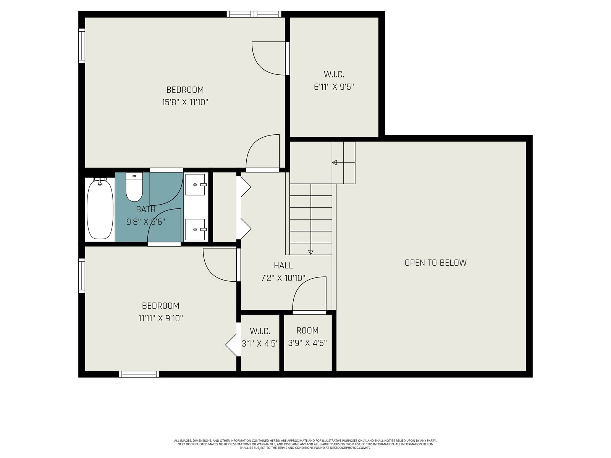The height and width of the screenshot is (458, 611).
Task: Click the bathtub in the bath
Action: click(x=100, y=209)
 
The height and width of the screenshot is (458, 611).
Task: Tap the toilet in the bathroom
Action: click(x=134, y=187)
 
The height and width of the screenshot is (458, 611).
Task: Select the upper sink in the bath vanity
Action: click(x=196, y=185)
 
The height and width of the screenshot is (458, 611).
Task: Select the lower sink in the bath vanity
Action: click(x=196, y=229)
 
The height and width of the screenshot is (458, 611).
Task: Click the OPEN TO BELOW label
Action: click(x=435, y=263)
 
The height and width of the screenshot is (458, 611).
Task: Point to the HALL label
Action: click(x=283, y=266)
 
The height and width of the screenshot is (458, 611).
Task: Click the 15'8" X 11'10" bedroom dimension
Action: click(x=185, y=102)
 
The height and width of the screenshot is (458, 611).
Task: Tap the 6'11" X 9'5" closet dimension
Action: click(x=334, y=87)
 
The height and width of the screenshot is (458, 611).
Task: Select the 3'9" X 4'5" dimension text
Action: click(x=307, y=343)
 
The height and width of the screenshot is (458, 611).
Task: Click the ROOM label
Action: click(x=307, y=331)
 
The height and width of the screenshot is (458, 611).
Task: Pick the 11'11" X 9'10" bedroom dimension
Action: click(x=160, y=318)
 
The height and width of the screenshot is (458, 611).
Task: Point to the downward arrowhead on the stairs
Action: click(x=310, y=252)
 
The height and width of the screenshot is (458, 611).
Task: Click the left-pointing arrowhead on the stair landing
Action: click(x=335, y=163)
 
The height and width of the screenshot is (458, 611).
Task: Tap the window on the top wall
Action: click(x=254, y=14)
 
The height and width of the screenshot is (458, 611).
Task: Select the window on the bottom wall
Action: click(x=139, y=374)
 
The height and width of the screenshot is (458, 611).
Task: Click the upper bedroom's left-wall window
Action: click(x=82, y=45)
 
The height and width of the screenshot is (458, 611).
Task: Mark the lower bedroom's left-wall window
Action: click(x=82, y=276)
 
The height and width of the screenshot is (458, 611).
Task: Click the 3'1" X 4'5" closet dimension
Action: click(x=260, y=344)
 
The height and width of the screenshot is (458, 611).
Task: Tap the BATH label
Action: click(x=145, y=210)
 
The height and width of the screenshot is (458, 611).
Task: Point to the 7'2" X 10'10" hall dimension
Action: click(x=283, y=278)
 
